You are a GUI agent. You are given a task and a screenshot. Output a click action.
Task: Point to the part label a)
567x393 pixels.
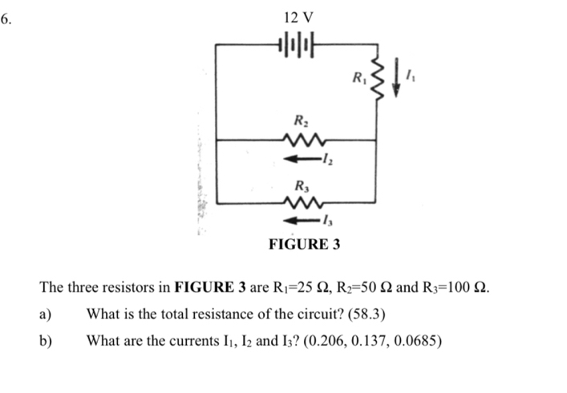tap(46, 314)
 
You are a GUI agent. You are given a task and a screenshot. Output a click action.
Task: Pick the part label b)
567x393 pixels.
tap(46, 341)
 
